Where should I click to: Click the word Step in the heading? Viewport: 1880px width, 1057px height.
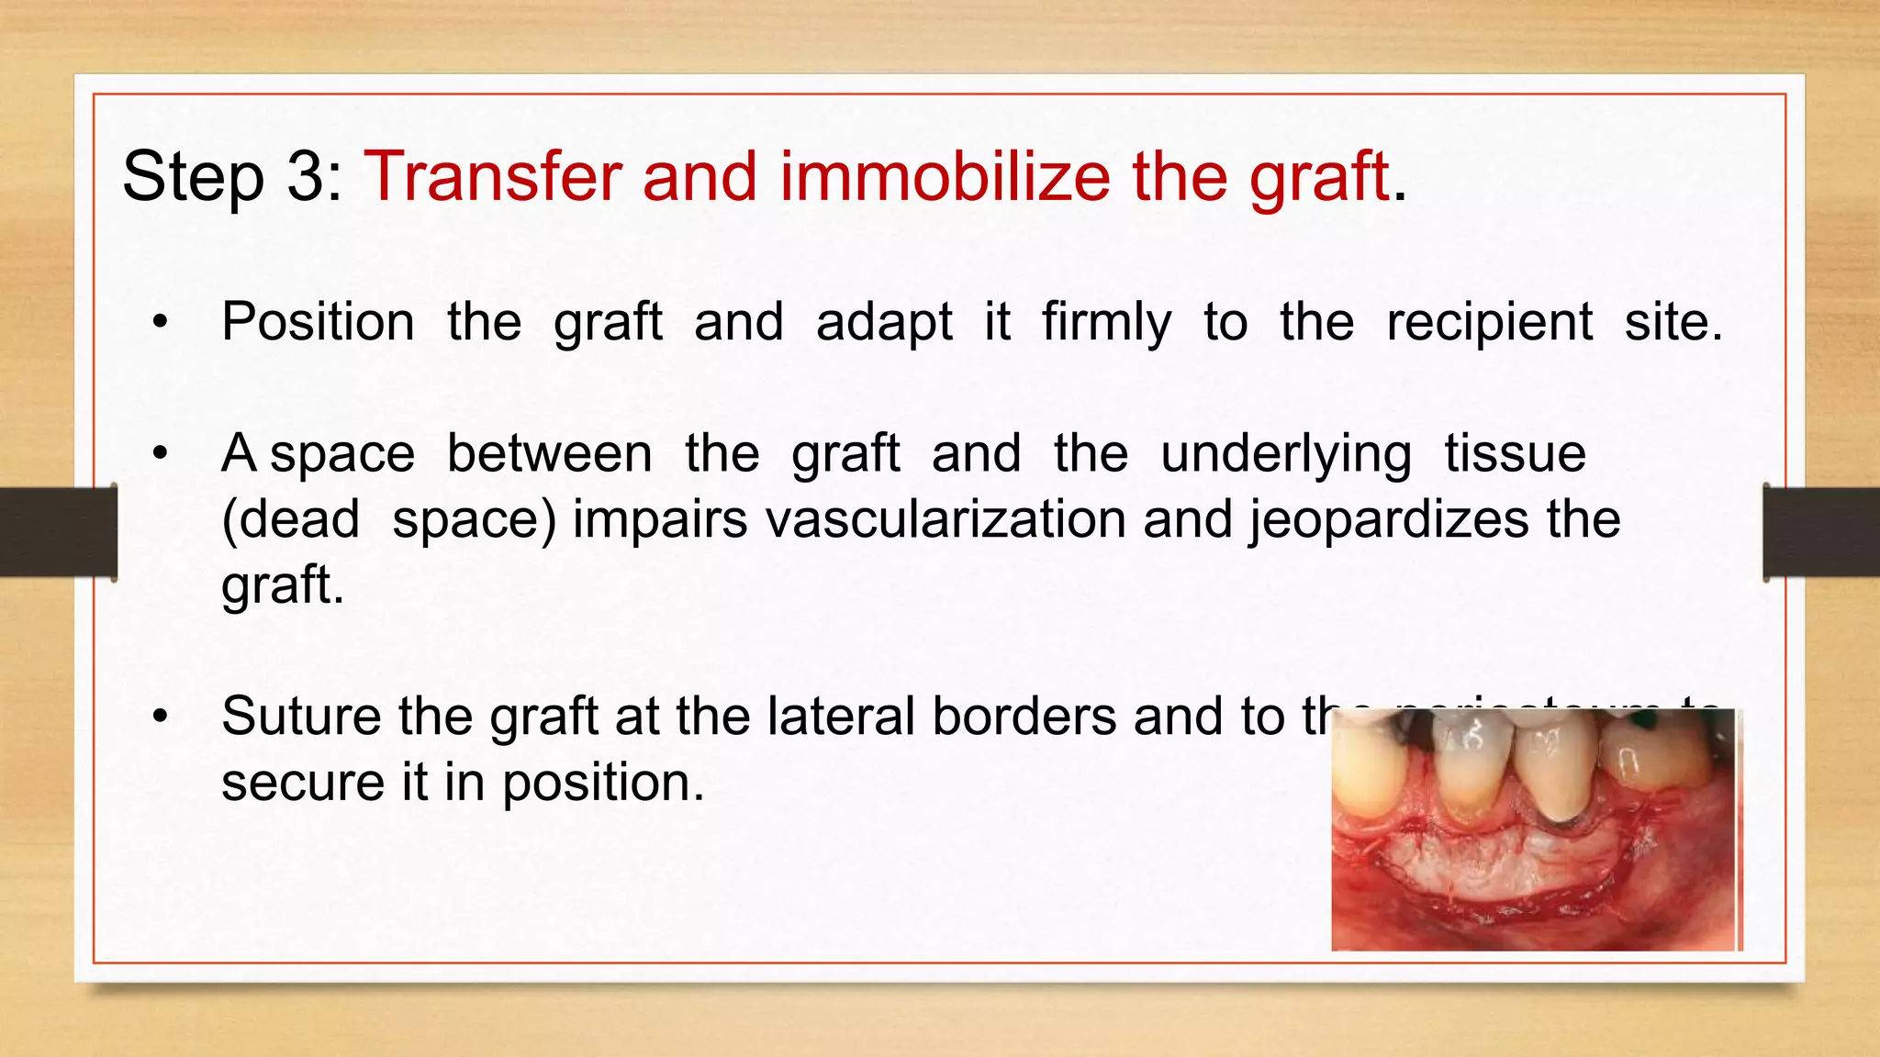(193, 177)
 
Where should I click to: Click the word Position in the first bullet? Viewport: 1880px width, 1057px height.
(318, 322)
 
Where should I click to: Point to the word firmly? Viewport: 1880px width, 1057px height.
(1106, 324)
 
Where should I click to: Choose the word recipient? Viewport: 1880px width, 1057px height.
(1489, 324)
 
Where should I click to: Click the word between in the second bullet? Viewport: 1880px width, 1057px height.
(549, 454)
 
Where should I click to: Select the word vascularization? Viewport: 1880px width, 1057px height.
(946, 519)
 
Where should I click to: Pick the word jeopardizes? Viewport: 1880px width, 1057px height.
(1388, 521)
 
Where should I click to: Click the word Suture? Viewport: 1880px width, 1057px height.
(301, 717)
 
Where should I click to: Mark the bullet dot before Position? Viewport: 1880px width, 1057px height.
(161, 323)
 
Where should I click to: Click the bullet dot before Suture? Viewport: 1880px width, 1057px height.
(161, 718)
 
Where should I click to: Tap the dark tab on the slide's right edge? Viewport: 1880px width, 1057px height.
(1821, 532)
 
